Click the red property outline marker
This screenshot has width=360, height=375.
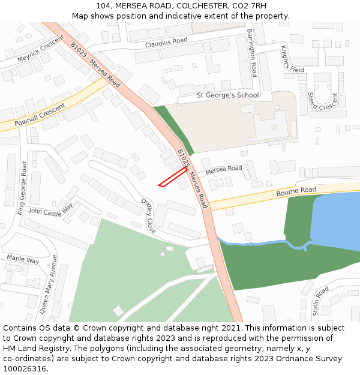[x=173, y=177]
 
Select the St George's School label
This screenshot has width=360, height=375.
[x=228, y=95]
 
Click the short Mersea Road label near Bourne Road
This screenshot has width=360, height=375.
[x=224, y=170]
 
